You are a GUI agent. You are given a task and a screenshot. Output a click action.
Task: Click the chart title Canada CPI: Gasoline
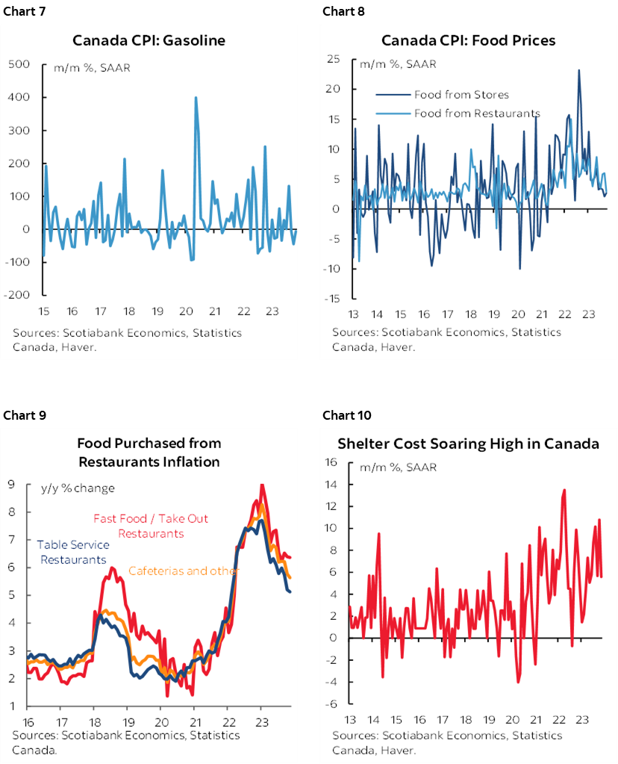158,40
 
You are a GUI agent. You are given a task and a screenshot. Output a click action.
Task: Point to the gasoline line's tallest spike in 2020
196,98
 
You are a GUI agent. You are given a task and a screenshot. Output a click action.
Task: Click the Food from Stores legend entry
461,95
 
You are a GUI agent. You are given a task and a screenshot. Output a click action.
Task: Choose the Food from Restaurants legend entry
476,114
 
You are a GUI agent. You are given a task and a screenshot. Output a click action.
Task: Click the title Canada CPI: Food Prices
468,40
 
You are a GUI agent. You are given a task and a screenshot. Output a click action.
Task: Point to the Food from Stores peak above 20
578,71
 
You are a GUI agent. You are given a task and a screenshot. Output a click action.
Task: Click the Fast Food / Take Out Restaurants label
151,526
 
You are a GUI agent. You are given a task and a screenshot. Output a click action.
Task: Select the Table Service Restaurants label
73,552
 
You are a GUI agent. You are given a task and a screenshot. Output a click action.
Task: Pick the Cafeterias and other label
184,571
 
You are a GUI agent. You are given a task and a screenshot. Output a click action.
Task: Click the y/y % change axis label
78,488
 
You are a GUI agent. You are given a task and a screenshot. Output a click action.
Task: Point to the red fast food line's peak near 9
261,485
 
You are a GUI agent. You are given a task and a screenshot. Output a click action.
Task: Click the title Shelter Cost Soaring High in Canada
468,444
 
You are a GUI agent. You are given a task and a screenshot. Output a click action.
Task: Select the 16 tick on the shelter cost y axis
334,463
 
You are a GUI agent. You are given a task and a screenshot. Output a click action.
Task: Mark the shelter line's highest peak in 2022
564,490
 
